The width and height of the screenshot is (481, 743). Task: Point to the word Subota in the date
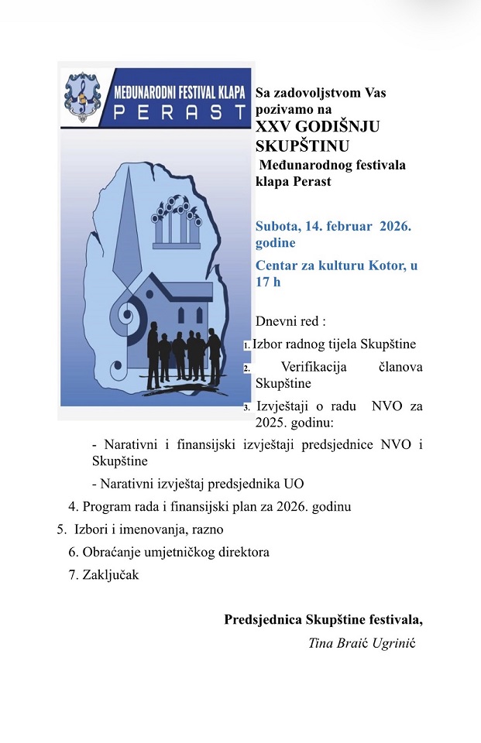pos(277,227)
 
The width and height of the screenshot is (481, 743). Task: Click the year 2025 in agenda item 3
pos(273,423)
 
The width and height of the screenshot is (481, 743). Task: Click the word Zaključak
pos(111,575)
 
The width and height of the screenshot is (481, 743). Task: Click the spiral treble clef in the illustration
pos(127,317)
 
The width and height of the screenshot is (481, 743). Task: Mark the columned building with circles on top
pos(180,224)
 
